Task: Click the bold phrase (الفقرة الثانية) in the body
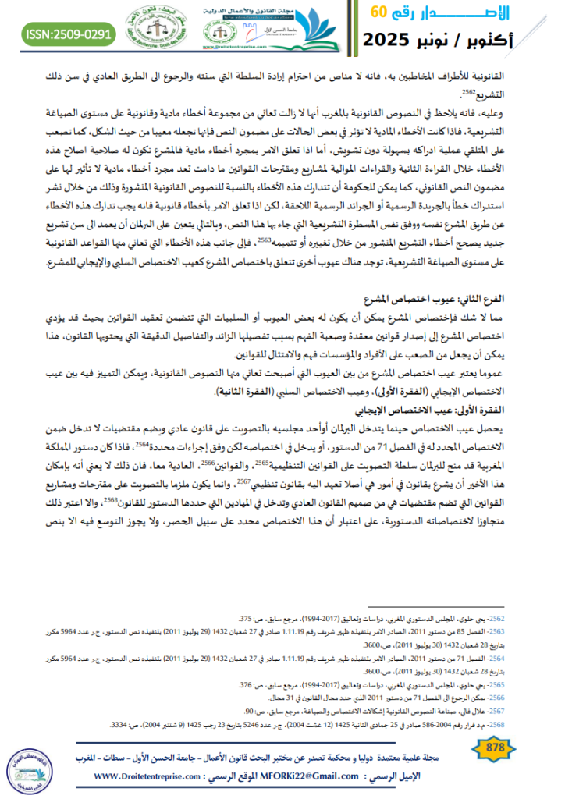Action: point(240,391)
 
